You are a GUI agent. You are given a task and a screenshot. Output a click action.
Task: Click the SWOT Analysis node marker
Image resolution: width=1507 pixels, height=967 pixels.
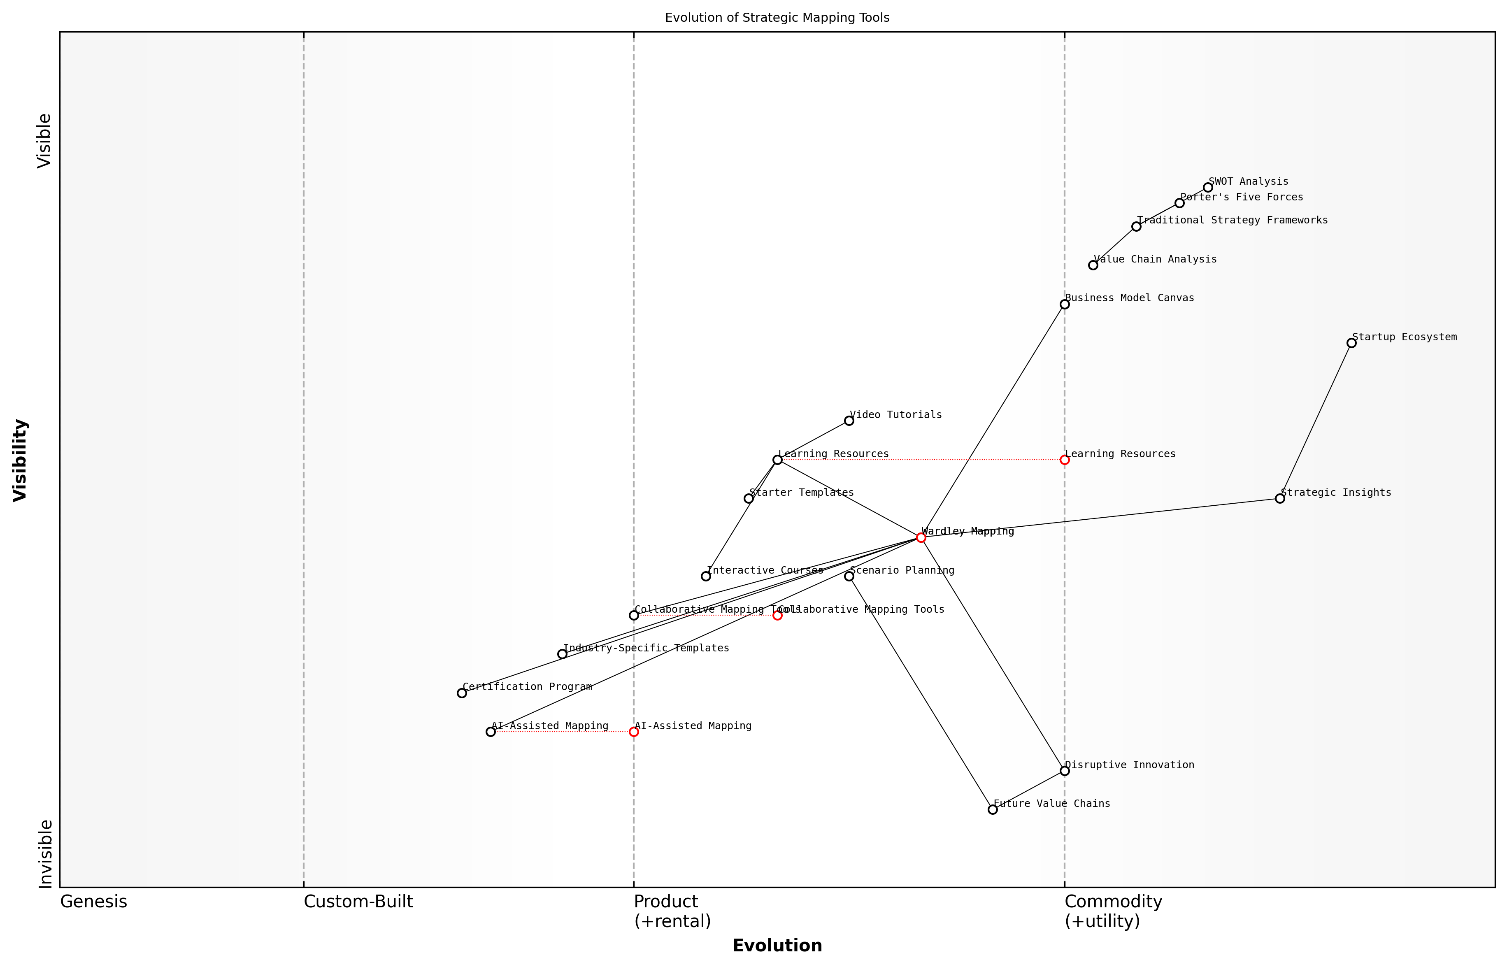(x=1207, y=188)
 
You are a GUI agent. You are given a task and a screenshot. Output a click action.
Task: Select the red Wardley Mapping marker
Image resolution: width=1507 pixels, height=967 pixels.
(x=921, y=537)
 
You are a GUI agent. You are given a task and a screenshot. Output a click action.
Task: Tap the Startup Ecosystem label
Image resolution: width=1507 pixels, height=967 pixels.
(x=1404, y=337)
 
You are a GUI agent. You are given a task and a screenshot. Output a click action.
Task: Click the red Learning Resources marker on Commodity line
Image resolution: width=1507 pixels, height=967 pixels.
(x=1064, y=460)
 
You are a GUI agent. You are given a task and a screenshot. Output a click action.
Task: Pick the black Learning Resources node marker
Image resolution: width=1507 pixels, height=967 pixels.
(x=777, y=460)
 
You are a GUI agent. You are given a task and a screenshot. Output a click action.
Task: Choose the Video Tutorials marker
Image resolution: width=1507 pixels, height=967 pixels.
(x=849, y=421)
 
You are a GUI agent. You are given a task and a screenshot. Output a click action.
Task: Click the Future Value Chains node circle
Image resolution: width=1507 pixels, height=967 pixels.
(x=993, y=809)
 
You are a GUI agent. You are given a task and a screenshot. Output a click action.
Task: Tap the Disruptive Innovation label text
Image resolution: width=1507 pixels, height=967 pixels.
(x=1130, y=765)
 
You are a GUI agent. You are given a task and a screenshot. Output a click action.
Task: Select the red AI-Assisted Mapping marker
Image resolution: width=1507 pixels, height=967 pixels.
(x=634, y=732)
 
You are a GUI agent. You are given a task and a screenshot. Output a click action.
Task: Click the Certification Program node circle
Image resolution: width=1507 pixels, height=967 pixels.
(x=461, y=693)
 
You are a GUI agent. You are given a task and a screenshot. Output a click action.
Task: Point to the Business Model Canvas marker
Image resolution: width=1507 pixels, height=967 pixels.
(x=1064, y=305)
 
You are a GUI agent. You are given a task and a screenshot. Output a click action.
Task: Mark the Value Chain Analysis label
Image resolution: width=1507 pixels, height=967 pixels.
(x=1155, y=259)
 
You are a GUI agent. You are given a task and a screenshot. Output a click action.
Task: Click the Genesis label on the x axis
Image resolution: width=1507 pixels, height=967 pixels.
(x=93, y=902)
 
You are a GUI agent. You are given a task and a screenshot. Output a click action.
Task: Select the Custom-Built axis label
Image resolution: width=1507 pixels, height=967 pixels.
(x=358, y=902)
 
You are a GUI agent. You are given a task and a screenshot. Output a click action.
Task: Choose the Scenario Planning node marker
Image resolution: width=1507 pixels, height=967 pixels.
(x=849, y=576)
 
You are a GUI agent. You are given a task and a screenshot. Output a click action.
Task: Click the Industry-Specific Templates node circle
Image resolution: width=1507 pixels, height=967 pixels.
(x=562, y=654)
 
